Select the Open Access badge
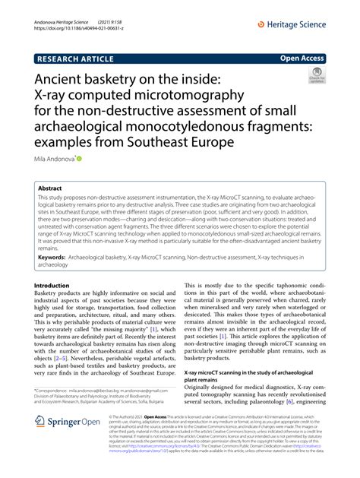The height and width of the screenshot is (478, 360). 303,58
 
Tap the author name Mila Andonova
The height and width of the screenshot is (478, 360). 53,160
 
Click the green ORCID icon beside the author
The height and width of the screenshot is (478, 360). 78,160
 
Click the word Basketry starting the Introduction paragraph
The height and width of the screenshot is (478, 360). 52,294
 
